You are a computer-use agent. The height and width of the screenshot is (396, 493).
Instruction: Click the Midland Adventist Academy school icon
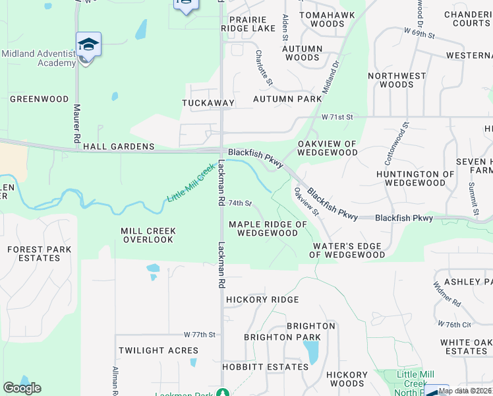tap(88, 45)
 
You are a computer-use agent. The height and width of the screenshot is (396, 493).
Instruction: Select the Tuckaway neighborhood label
tap(208, 103)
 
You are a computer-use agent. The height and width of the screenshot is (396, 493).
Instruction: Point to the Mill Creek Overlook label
tap(148, 236)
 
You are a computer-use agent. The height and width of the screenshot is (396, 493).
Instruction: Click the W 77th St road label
tap(200, 335)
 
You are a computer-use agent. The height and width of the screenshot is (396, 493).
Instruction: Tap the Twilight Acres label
tap(158, 350)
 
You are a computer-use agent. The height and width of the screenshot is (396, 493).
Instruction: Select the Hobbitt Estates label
tap(266, 366)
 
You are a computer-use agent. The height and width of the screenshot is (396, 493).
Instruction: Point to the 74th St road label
tap(241, 203)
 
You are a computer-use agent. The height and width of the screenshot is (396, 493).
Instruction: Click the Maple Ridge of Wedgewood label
tap(268, 229)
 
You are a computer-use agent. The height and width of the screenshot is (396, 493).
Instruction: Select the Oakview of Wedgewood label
tap(327, 148)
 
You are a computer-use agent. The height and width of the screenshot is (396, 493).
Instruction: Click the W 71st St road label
tap(337, 117)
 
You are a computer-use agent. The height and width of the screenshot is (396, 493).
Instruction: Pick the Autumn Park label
tap(287, 99)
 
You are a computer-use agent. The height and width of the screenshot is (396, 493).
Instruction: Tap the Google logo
tap(22, 388)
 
